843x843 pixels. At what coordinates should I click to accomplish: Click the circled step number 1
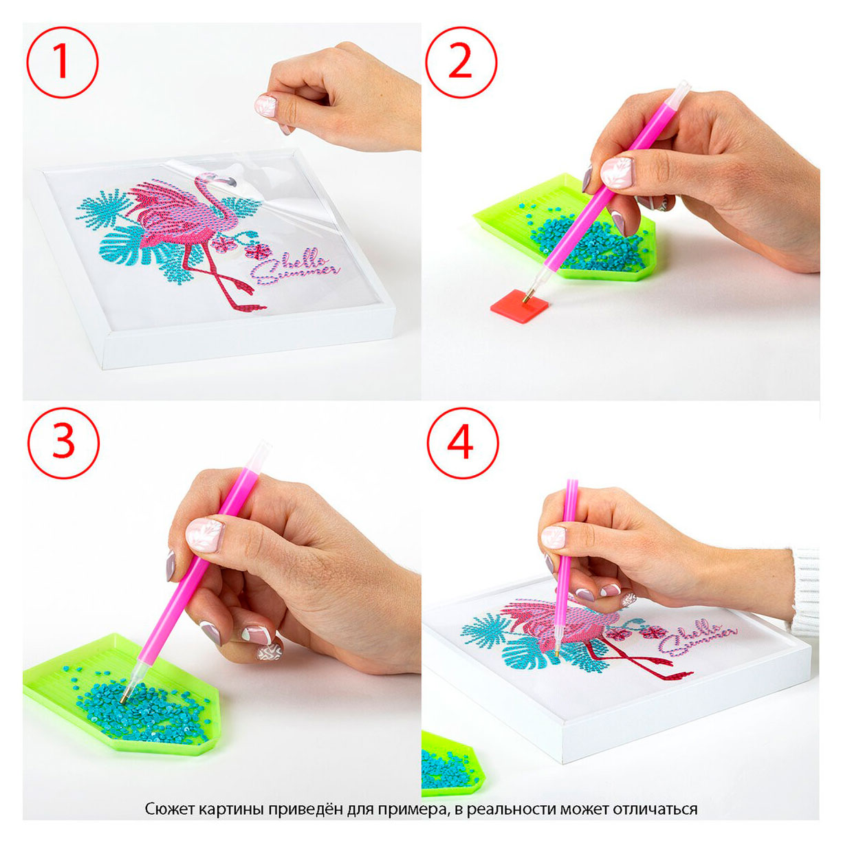point(62,62)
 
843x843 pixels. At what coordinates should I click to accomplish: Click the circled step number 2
point(461,62)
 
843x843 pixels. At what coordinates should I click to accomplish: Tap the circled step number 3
point(63,443)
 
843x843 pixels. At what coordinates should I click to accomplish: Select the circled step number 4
point(462,443)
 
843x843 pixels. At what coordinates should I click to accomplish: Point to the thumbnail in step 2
point(617,173)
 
